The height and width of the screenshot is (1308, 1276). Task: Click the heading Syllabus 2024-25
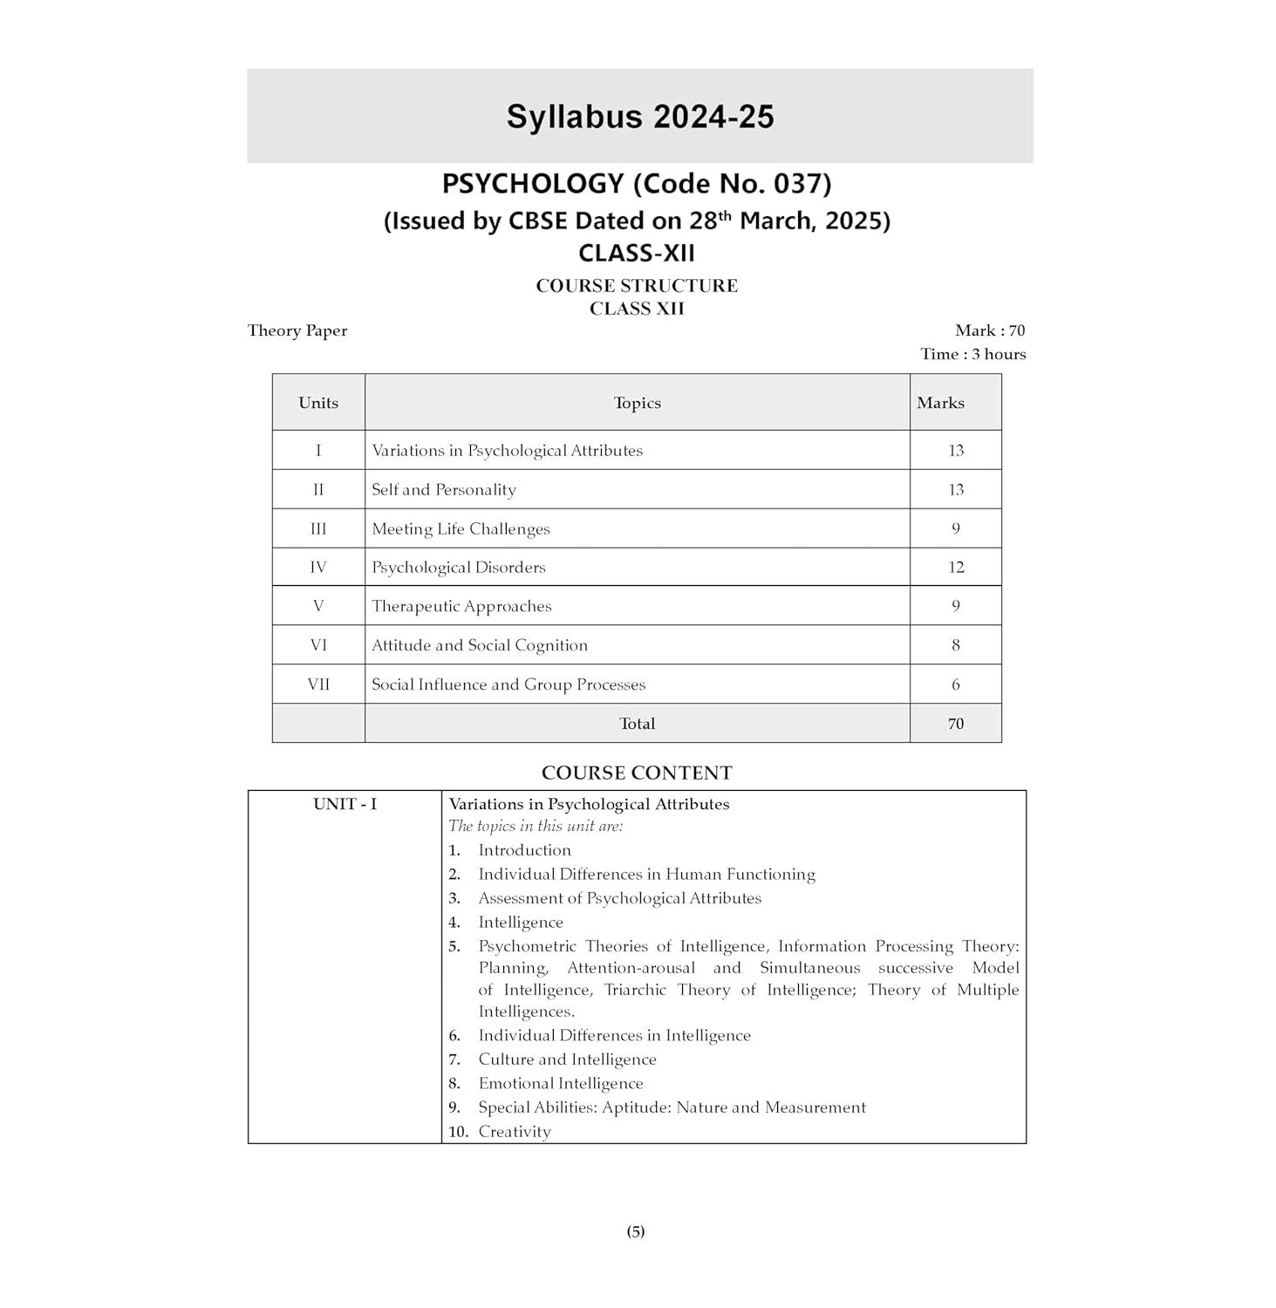click(x=639, y=117)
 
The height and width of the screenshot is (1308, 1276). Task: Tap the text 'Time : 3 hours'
click(x=972, y=354)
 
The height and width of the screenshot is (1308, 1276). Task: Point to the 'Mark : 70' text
click(x=990, y=330)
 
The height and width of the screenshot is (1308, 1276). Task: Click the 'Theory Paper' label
click(x=297, y=330)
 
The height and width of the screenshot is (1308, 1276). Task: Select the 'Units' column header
click(x=318, y=403)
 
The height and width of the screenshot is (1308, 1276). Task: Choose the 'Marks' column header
click(x=940, y=403)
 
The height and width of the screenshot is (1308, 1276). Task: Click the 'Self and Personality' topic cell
click(x=444, y=490)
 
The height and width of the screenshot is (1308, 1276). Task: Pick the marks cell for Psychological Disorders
click(x=956, y=568)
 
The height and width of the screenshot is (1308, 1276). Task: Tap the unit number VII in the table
click(x=318, y=685)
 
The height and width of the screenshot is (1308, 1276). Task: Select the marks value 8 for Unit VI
click(x=956, y=645)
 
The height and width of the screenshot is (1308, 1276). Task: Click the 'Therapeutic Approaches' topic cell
click(x=461, y=607)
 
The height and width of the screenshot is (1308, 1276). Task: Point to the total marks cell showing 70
click(x=956, y=724)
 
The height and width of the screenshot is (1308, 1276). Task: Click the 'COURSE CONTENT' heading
click(x=637, y=773)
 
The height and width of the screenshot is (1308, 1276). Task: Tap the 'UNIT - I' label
click(x=345, y=804)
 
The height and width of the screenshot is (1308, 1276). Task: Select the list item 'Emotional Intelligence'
click(x=560, y=1084)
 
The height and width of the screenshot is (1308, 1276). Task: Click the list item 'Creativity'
click(x=515, y=1132)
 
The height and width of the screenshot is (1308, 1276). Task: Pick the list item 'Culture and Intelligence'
click(x=567, y=1059)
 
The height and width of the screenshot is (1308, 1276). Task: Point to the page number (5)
click(x=636, y=1231)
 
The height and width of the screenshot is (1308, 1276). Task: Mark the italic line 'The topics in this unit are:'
click(x=536, y=826)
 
